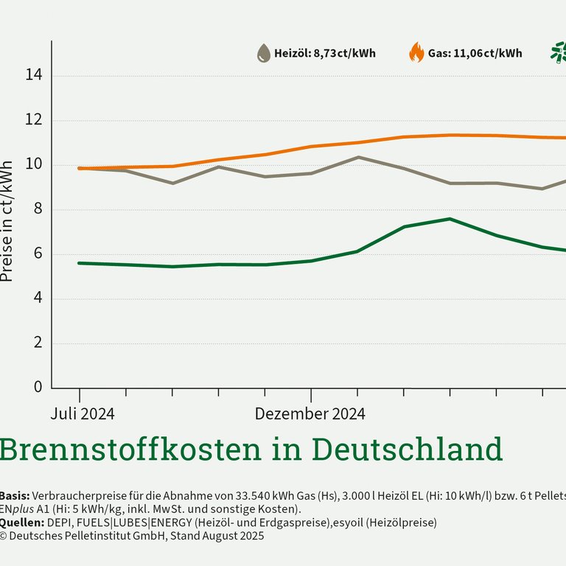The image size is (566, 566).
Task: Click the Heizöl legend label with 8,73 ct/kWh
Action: point(325,53)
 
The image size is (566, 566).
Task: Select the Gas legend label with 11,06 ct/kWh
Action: point(475,53)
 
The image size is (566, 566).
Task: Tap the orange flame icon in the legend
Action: point(416,53)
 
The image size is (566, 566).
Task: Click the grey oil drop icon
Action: point(264,53)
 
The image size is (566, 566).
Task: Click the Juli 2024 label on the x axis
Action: point(83,413)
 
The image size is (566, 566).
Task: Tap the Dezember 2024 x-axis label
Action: point(310,413)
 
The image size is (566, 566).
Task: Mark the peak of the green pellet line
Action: point(450,219)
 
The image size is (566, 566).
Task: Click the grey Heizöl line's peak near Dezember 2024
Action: point(358,157)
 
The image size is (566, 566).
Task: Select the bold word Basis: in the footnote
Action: point(15,495)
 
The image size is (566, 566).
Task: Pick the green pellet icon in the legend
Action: point(559,53)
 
